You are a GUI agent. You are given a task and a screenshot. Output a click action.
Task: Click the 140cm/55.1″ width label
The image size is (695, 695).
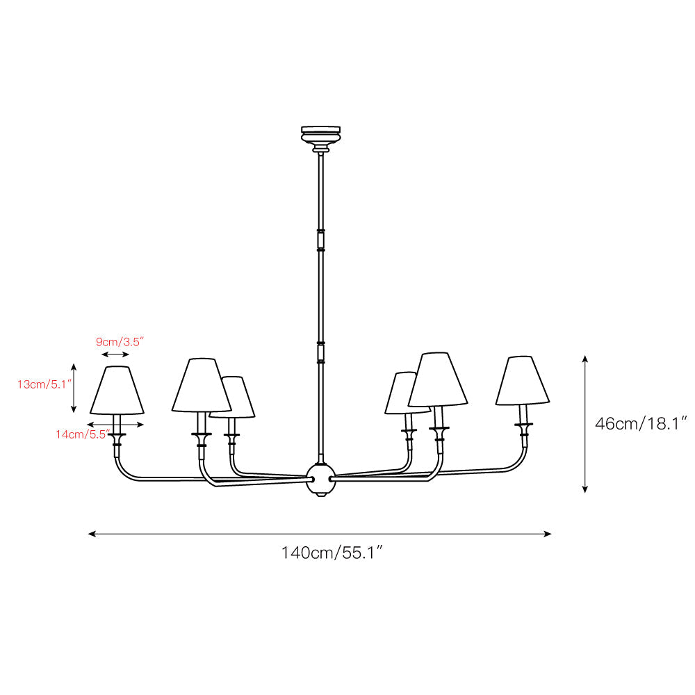tap(332, 553)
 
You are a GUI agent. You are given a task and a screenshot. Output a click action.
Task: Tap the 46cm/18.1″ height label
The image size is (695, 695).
tap(641, 424)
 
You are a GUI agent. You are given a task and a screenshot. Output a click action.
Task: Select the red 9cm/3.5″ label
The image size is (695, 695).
tap(120, 342)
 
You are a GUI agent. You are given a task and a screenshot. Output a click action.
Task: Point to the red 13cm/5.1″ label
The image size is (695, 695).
tap(44, 384)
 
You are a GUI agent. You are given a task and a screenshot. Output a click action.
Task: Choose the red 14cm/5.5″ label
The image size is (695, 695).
tap(83, 434)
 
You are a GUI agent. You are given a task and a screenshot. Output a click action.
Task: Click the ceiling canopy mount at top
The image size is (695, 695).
tap(321, 138)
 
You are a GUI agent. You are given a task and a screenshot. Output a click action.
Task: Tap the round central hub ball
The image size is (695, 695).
tap(321, 480)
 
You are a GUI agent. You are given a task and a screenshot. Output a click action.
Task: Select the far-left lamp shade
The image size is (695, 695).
tap(117, 391)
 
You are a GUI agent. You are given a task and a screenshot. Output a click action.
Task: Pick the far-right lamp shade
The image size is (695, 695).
tap(523, 380)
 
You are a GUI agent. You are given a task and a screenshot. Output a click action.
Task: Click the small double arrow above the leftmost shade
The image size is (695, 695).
tap(115, 354)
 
